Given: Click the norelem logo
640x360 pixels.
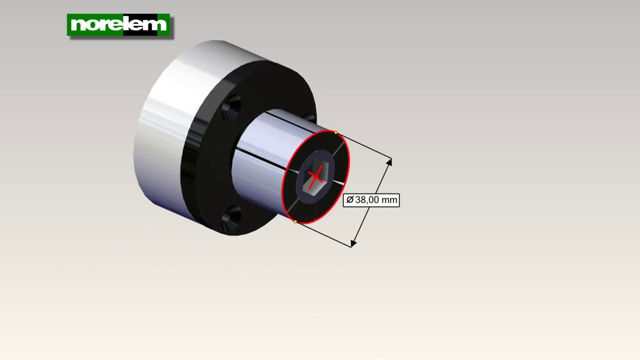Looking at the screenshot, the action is coord(118,25).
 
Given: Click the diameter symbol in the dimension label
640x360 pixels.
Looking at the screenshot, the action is coord(350,199).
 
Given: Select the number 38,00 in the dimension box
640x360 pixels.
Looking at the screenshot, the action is coord(367,199).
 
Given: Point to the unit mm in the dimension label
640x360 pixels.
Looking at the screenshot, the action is coord(389,200).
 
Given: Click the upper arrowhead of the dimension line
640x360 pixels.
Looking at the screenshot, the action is coord(389,162).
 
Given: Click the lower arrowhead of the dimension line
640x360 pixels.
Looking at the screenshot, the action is coord(353,243).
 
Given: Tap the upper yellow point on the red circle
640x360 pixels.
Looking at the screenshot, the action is coord(335,132).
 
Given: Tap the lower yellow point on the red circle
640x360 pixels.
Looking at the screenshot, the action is coord(295,221).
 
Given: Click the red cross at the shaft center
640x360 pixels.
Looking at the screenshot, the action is coord(315,177).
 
